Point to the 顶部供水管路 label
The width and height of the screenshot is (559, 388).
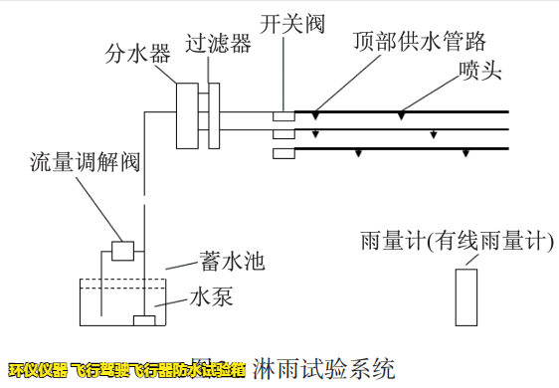420,41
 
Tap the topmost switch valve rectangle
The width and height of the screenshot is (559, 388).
283,116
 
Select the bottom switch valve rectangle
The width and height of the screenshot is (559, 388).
283,152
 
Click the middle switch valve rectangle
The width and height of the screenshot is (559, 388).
283,134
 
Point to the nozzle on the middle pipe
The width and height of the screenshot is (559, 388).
433,133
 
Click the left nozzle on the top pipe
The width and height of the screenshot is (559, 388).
315,115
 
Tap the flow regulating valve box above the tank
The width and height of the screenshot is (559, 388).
123,250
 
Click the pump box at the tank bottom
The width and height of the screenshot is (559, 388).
145,320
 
